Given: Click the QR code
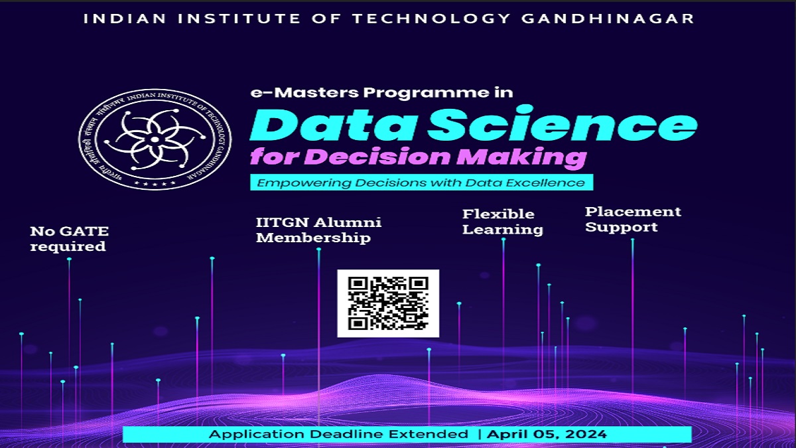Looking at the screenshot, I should pos(388,303).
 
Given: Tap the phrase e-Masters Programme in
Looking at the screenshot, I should pos(381,92).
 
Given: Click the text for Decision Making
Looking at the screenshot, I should pos(418,158).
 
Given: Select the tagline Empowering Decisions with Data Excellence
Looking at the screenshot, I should pos(421,183).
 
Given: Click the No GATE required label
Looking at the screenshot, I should pos(69,239).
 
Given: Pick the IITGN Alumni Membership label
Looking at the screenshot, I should pos(318,230).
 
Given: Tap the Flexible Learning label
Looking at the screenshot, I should pos(502,222).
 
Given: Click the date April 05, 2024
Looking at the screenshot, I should pos(547,435).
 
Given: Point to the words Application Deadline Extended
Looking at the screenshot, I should pos(338,435).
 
